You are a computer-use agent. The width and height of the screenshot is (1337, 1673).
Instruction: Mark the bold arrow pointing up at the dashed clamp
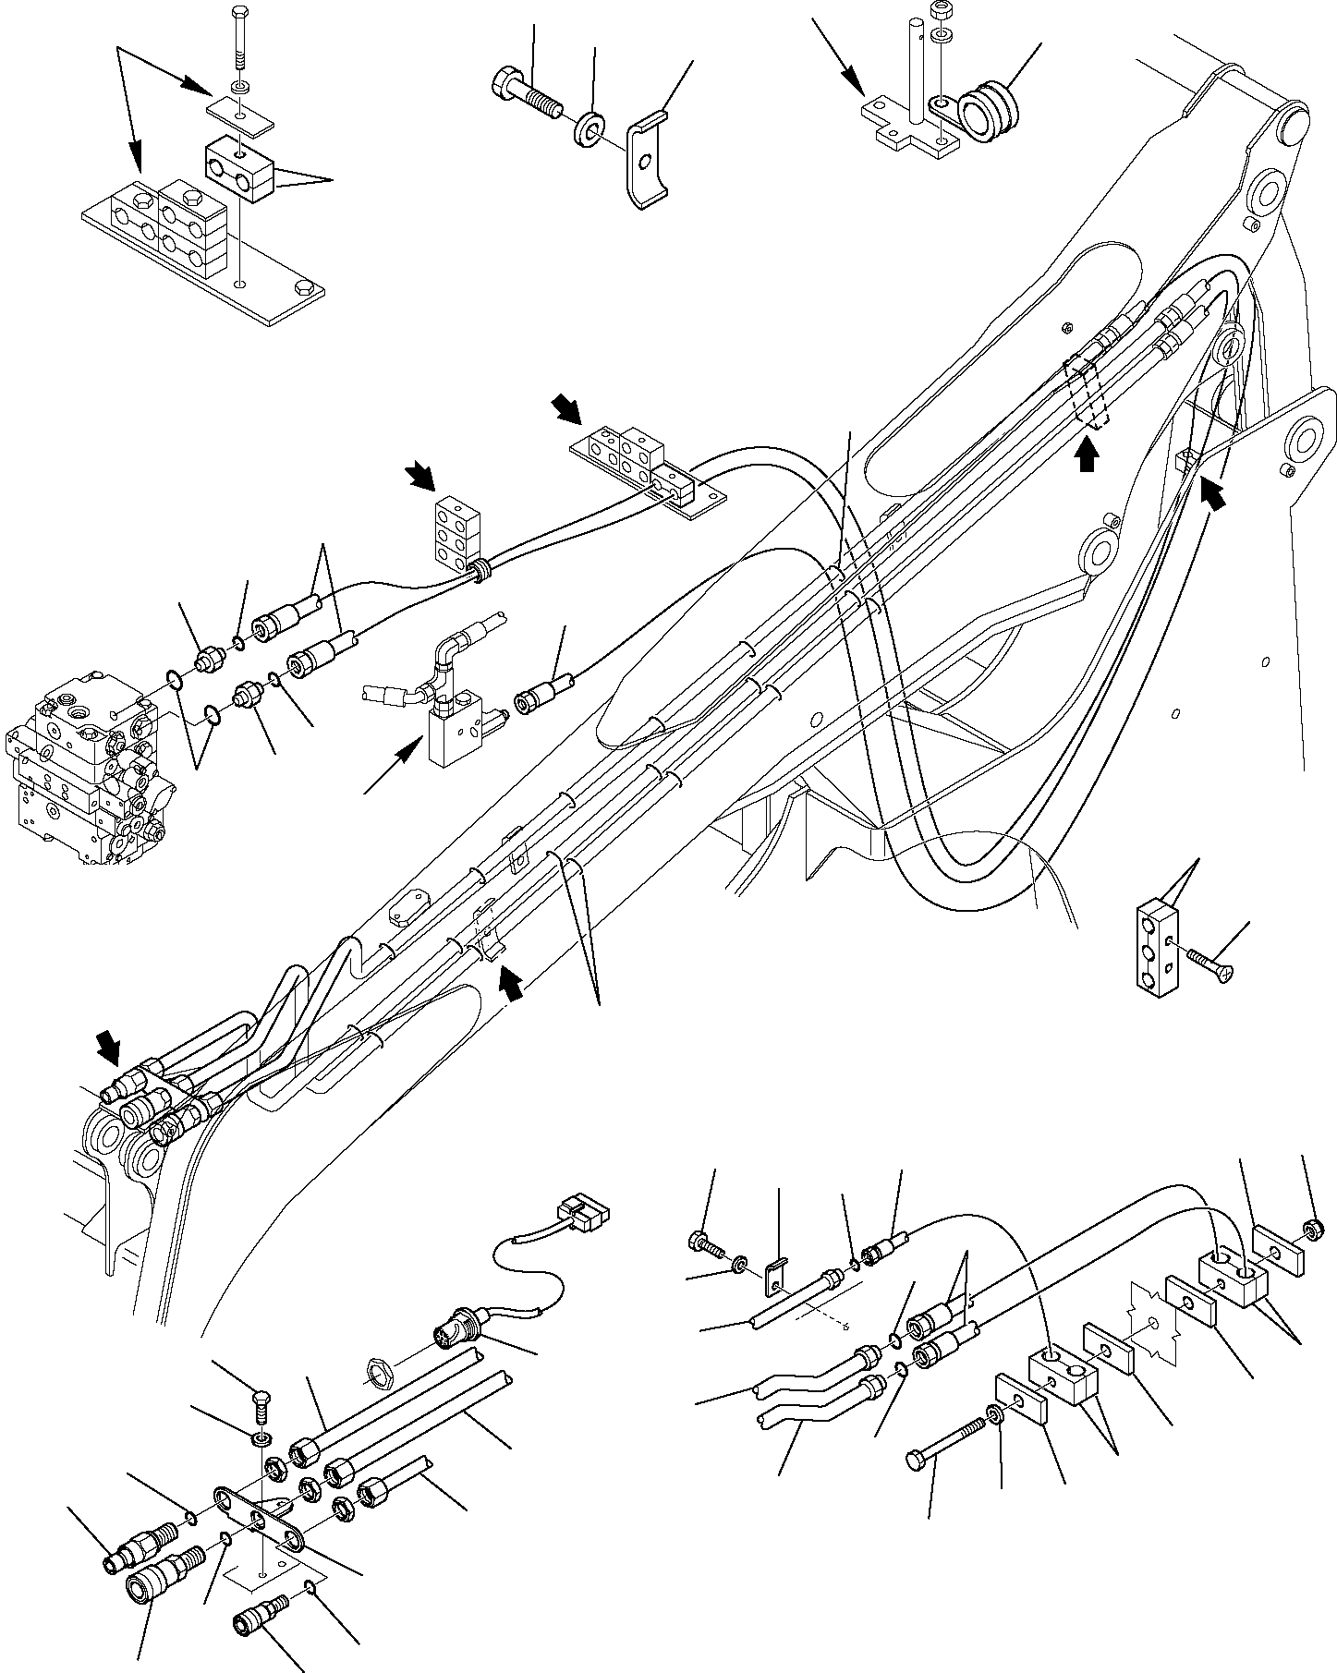pyautogui.click(x=1088, y=455)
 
